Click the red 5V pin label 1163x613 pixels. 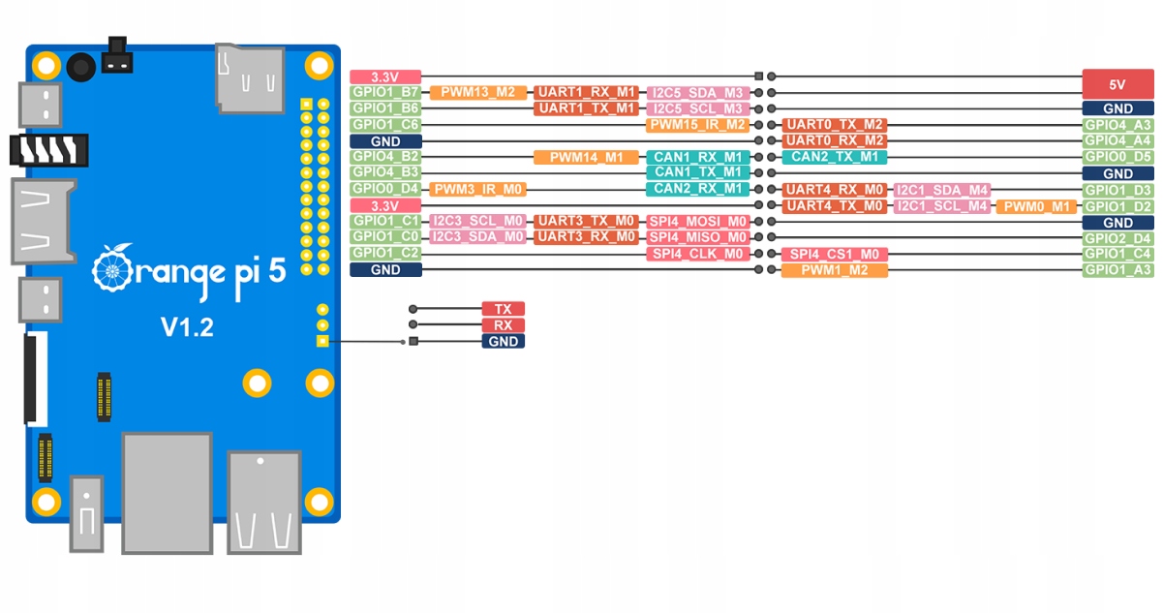click(1117, 84)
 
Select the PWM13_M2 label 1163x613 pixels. click(478, 93)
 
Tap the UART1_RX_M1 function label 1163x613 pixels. click(586, 93)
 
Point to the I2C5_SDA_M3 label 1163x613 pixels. click(697, 93)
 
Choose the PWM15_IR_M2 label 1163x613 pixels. click(697, 125)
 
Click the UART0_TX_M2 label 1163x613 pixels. click(834, 125)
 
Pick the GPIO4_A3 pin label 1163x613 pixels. click(1117, 125)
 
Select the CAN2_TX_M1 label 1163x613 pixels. click(834, 157)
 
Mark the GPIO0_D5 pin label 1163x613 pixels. click(1117, 157)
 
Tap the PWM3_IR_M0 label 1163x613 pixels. click(478, 189)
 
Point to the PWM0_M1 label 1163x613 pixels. click(1035, 206)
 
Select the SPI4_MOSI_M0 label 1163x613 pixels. click(697, 222)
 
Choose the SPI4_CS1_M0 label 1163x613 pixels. click(834, 254)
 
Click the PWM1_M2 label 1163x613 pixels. click(834, 270)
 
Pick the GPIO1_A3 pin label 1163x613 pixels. click(1117, 270)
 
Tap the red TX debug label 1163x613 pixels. click(503, 309)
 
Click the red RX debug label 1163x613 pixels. click(503, 325)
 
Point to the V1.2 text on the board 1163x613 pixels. click(187, 327)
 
